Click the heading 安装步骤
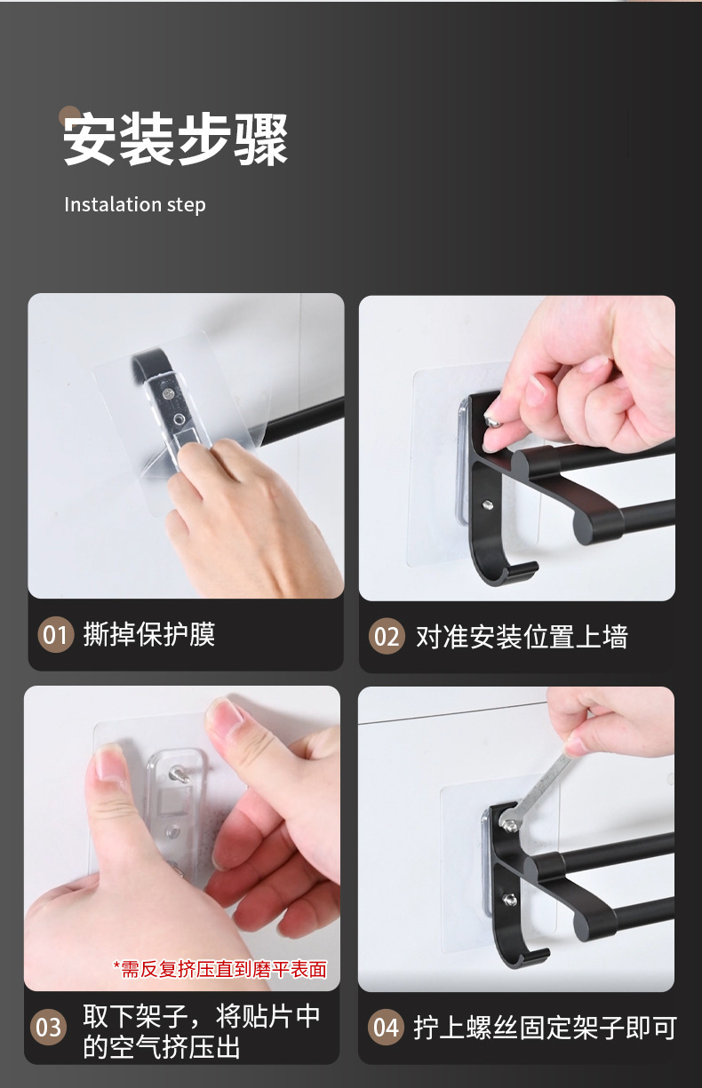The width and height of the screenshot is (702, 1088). tap(175, 140)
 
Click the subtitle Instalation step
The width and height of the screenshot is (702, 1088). tap(134, 205)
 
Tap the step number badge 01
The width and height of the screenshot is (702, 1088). tap(55, 635)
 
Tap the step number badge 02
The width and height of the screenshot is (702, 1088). tap(387, 637)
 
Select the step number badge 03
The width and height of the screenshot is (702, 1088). tap(49, 1028)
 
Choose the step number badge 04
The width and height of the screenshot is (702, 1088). tap(386, 1028)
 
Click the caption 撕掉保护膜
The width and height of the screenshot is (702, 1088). tap(148, 634)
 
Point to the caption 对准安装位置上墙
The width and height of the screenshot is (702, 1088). tap(522, 637)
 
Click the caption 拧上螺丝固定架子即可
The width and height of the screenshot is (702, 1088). tap(545, 1028)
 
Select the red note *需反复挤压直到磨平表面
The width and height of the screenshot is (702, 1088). tap(219, 969)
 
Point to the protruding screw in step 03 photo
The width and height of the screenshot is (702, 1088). tap(179, 774)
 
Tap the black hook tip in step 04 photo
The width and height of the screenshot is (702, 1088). tap(539, 957)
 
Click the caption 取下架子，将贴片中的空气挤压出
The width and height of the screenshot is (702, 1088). tap(201, 1030)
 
